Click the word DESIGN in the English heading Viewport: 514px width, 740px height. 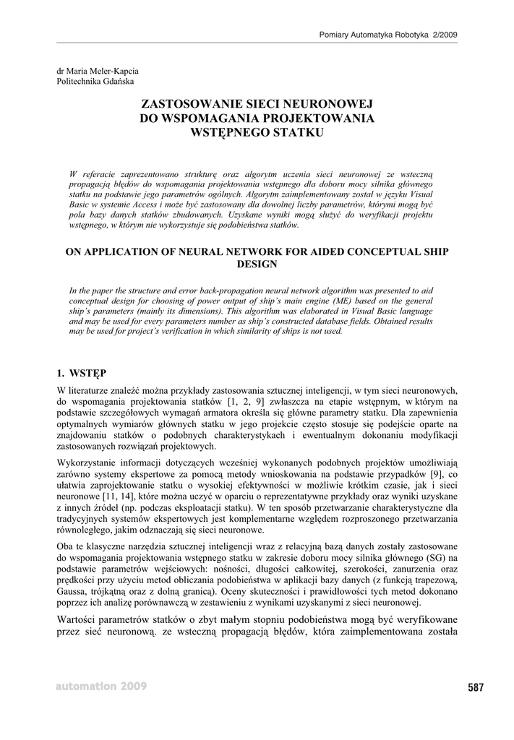tap(257, 264)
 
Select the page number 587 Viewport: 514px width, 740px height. tap(475, 688)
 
